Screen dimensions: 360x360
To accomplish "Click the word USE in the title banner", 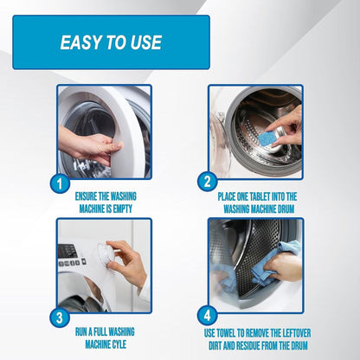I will (x=143, y=42).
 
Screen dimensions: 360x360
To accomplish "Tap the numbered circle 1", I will (x=57, y=183).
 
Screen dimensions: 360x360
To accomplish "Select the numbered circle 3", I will (x=57, y=317).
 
